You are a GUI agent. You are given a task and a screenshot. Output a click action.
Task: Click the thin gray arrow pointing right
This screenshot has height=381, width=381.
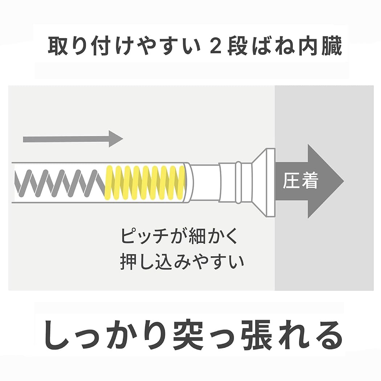[73, 139]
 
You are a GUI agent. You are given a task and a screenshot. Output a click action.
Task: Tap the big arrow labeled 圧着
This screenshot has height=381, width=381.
[308, 181]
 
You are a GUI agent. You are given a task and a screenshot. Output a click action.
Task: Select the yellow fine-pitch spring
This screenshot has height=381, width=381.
[145, 183]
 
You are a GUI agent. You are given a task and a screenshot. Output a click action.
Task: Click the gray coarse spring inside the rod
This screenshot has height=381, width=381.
[58, 183]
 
